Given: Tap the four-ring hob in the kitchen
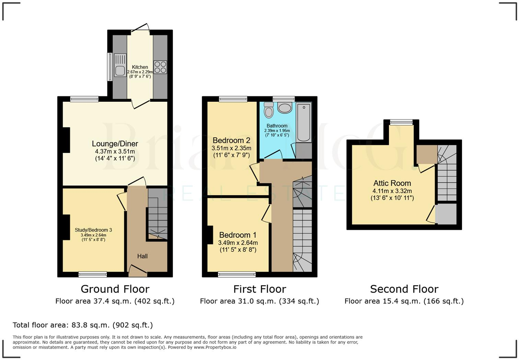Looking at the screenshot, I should tap(160, 67).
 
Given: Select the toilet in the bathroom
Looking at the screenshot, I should tap(269, 110).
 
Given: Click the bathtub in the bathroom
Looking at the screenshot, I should tap(304, 122).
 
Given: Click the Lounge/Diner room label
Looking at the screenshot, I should tap(115, 144).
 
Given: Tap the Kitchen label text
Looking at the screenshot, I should tap(140, 67).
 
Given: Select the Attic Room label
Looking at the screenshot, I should tap(392, 183).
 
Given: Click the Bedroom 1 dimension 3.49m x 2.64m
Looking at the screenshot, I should tap(238, 243).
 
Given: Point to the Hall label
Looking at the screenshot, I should tap(142, 256).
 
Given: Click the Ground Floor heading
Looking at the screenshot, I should tap(115, 289).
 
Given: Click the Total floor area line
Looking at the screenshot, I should tap(83, 325).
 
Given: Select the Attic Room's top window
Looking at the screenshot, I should tap(401, 122).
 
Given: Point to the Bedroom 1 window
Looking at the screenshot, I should tap(237, 274).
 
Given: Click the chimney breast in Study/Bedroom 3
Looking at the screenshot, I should tap(66, 225).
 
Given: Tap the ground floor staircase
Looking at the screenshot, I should tap(158, 215).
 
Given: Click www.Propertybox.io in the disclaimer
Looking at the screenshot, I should tap(215, 347).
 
